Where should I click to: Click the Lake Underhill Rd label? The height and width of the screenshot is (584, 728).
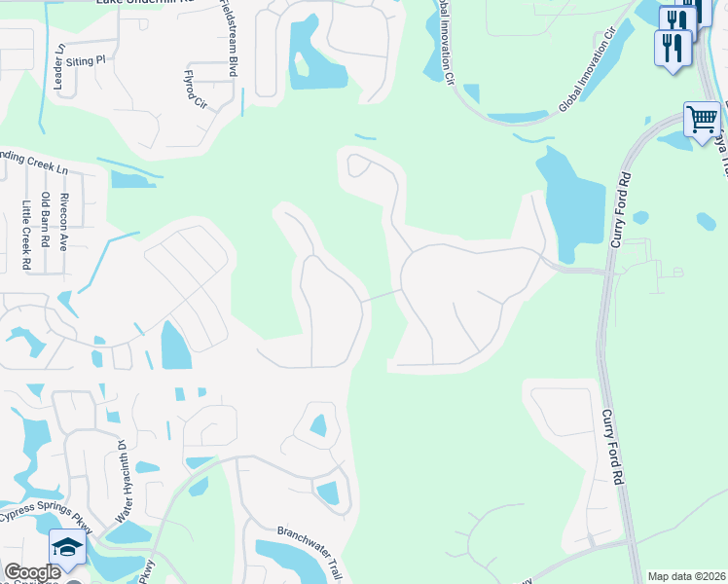[146, 3]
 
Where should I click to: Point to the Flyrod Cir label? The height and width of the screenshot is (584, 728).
[196, 89]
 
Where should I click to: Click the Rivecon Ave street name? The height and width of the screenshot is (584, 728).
[63, 222]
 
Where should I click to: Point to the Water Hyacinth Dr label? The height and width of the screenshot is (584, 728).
[124, 481]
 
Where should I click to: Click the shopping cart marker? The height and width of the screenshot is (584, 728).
[702, 121]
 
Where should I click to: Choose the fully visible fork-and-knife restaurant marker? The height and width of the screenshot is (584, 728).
[673, 47]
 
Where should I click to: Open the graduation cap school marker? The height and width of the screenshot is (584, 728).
[66, 549]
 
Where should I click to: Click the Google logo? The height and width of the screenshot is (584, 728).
[32, 572]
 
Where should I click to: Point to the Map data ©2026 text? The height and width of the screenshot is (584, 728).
[685, 576]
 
